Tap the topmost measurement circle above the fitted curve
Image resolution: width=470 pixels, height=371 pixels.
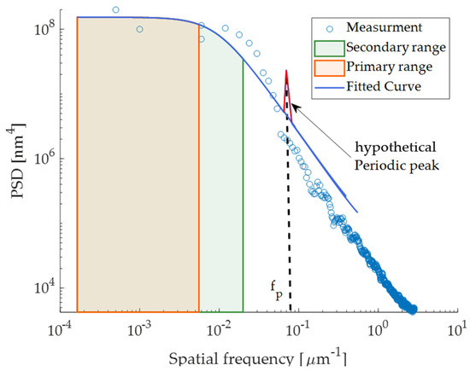[x=115, y=10]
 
